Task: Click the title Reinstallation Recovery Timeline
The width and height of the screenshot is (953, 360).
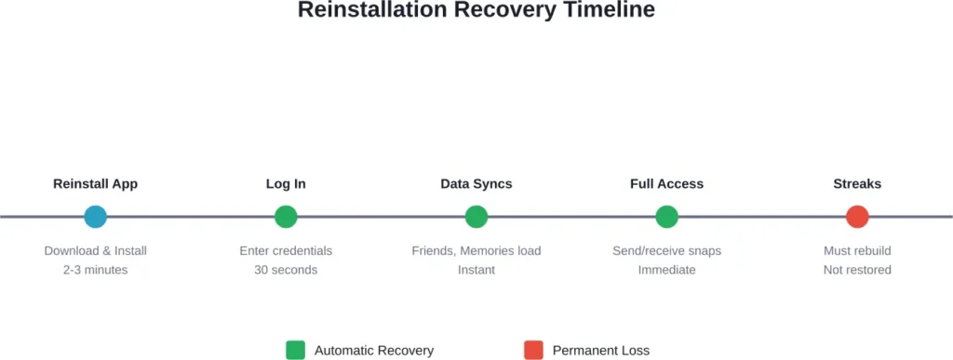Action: point(476,11)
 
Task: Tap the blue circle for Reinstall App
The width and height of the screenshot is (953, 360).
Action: point(95,217)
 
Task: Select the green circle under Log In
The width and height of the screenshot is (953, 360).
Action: point(286,217)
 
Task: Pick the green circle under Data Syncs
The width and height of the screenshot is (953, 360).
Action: point(476,217)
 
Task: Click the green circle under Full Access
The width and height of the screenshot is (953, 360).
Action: point(666,217)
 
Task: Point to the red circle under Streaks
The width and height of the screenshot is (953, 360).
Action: point(857,217)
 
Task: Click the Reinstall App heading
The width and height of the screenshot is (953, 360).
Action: point(95,184)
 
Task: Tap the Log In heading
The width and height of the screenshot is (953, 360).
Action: point(286,184)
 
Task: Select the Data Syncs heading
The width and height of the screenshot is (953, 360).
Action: point(476,184)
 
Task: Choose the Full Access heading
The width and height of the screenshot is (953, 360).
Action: point(666,184)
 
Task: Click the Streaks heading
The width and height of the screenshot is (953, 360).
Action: point(857,184)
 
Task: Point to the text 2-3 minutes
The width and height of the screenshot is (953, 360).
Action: point(95,270)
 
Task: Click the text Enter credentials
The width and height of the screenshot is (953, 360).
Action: point(286,251)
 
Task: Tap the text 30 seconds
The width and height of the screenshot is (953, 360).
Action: point(286,270)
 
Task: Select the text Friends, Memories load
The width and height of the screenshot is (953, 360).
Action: point(476,251)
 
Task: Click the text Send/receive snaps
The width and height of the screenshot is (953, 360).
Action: point(666,251)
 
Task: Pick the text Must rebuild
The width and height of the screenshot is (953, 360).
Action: point(857,251)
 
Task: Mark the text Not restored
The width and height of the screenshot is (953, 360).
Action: point(857,270)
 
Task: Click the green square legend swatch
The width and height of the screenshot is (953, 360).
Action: point(295,350)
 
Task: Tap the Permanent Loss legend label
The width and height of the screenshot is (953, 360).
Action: point(600,351)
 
